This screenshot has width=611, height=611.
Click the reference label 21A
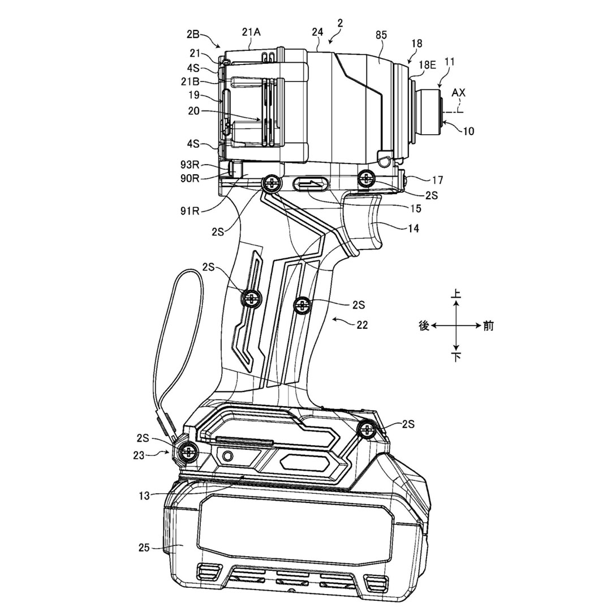click(251, 32)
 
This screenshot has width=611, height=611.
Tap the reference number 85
click(381, 35)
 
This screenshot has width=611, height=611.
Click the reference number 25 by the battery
click(144, 547)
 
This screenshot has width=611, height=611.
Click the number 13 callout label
click(144, 496)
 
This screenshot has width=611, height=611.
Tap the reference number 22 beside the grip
click(362, 325)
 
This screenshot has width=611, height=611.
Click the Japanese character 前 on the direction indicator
click(488, 326)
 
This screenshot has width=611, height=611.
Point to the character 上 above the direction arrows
click(456, 294)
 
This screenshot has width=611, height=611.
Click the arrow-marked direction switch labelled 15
click(311, 184)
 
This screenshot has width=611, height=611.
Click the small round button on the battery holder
click(227, 456)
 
